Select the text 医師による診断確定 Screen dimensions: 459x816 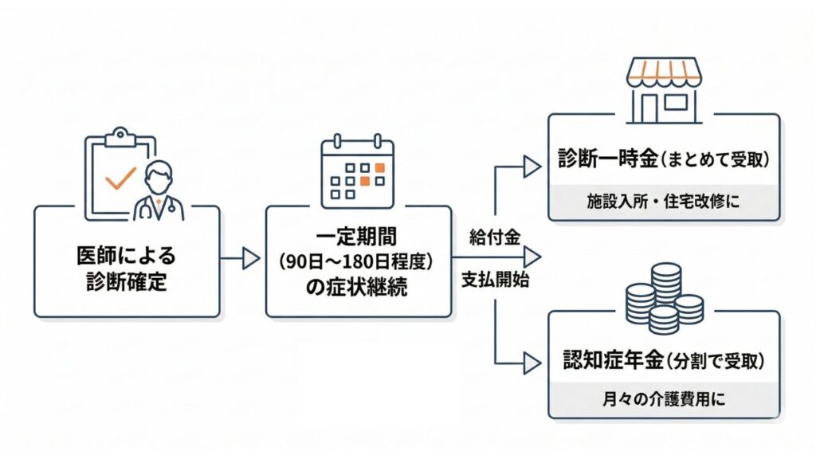[x=127, y=269]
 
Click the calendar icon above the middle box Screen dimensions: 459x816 [x=358, y=171]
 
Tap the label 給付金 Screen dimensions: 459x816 [x=495, y=237]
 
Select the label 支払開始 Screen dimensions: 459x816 [x=495, y=280]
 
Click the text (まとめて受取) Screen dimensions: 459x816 [x=714, y=160]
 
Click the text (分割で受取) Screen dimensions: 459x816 [x=714, y=362]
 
